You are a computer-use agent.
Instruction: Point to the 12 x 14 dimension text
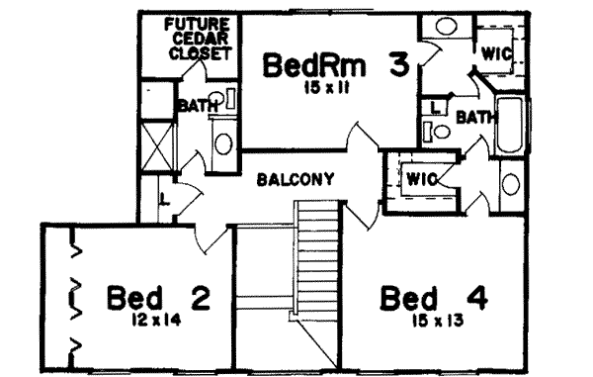[154, 319]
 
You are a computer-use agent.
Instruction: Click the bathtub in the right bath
[512, 127]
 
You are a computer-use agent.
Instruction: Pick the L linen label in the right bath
[436, 106]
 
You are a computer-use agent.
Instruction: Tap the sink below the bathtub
[512, 184]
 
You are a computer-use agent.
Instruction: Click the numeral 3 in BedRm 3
[399, 66]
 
